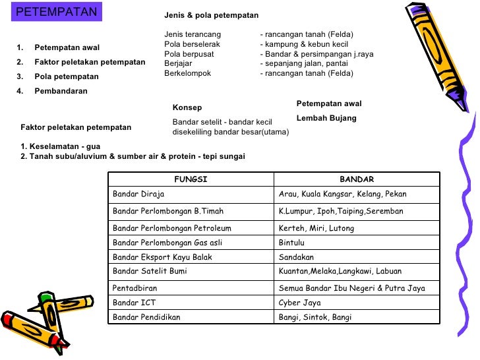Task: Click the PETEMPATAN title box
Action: point(57,13)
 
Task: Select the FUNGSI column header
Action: point(191,179)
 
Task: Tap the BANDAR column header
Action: point(357,179)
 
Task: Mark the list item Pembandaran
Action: point(61,92)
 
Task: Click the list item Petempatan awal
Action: point(67,47)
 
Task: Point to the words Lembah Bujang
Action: point(326,118)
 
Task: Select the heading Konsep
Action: point(187,107)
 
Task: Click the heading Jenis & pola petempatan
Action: point(211,15)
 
